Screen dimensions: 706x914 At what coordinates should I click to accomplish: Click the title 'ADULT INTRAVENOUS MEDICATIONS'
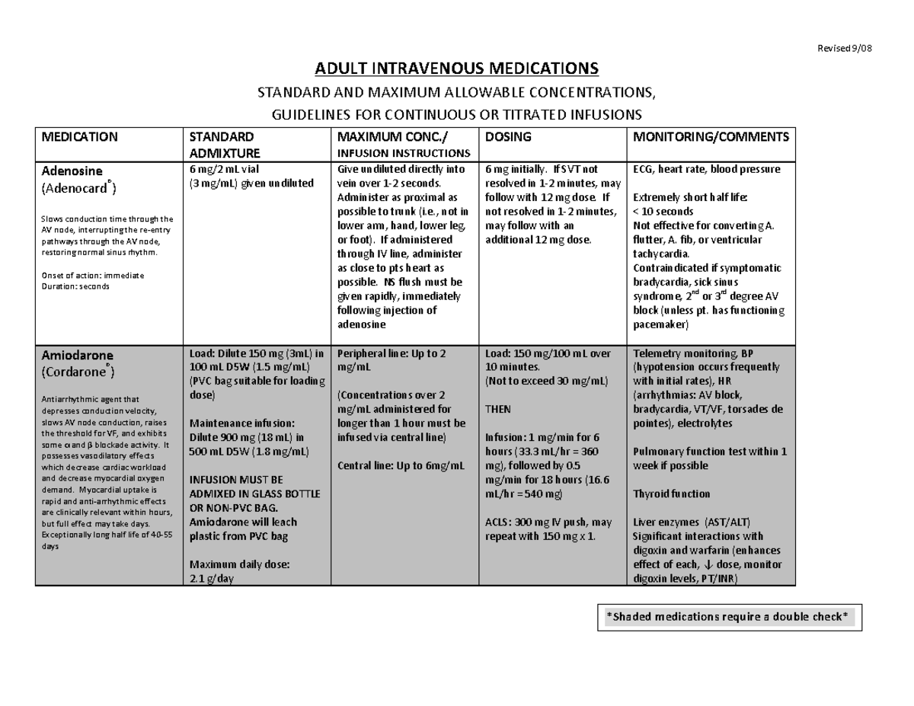click(457, 70)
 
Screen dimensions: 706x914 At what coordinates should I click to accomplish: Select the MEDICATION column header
click(79, 137)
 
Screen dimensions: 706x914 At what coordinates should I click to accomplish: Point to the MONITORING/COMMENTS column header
click(710, 137)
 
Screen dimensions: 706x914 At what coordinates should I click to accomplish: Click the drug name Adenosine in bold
click(72, 171)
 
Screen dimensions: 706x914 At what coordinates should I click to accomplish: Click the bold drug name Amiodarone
click(77, 356)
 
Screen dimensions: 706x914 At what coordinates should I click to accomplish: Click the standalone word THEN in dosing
click(498, 409)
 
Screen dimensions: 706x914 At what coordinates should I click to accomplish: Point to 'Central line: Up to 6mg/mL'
click(398, 465)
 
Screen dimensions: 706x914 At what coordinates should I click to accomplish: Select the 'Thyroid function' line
click(670, 494)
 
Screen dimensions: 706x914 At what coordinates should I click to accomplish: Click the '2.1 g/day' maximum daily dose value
click(211, 578)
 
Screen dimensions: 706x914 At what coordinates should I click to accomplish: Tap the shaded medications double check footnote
click(726, 616)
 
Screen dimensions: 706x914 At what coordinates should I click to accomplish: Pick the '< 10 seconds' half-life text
click(663, 212)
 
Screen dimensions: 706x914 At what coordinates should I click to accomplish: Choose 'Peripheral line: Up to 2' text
click(391, 354)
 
